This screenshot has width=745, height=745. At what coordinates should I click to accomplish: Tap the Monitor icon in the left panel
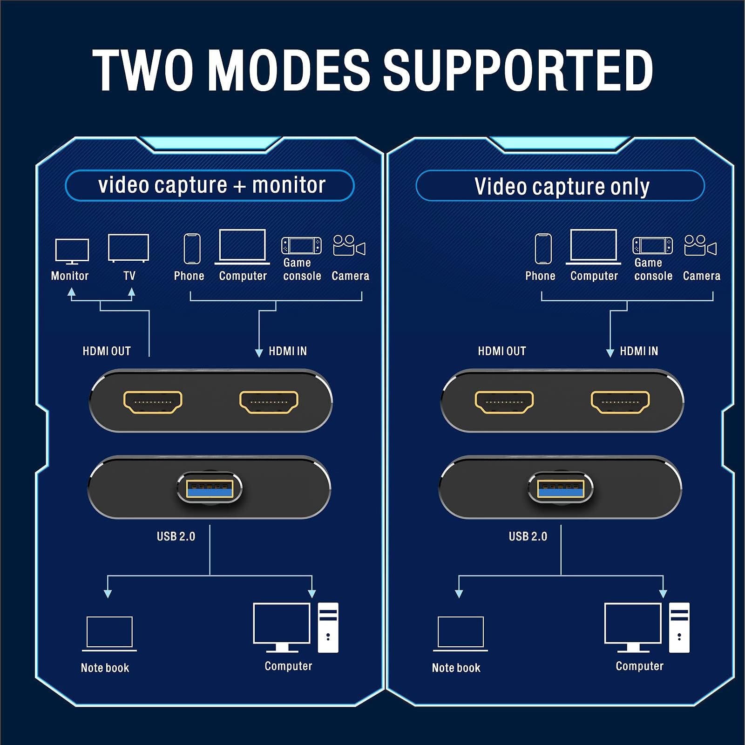point(72,251)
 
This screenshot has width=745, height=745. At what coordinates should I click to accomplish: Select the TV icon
point(128,248)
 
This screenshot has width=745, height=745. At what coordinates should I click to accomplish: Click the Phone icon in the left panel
point(192,249)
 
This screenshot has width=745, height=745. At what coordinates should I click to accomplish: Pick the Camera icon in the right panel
point(700,245)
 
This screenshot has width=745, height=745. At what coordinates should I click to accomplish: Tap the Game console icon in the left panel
point(301,246)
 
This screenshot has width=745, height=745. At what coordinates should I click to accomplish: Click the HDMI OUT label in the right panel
point(501,351)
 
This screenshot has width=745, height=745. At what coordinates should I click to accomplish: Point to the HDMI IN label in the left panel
point(287,351)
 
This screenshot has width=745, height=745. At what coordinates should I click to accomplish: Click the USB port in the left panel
point(210,488)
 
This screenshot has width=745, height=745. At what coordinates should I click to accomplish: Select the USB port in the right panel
point(561,488)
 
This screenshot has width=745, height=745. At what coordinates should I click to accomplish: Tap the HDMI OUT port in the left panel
point(153,402)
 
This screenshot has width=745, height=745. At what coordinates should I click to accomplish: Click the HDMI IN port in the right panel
point(620,402)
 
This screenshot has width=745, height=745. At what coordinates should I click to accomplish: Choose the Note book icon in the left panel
point(109,633)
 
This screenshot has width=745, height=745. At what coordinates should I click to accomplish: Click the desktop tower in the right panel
point(679,627)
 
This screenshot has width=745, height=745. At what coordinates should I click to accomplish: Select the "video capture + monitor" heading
point(210,185)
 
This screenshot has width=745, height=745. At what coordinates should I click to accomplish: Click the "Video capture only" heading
point(561,186)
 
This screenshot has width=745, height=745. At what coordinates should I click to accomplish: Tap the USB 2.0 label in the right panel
point(528,536)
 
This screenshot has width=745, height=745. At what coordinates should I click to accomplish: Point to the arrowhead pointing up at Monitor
point(71,292)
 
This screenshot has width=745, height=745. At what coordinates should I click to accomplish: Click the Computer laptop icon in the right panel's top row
point(593,247)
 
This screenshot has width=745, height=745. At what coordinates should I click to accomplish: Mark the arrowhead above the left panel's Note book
point(108,593)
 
